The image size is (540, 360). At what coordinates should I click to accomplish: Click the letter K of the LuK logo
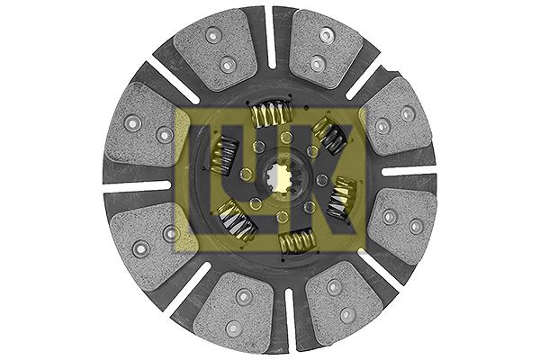tap(330, 179)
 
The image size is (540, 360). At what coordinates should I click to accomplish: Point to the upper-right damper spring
tap(329, 134)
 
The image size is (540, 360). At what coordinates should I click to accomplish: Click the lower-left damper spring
tap(237, 220)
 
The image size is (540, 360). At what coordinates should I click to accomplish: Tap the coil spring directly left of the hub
tap(224, 154)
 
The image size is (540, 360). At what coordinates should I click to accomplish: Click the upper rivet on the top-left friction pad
tap(212, 35)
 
